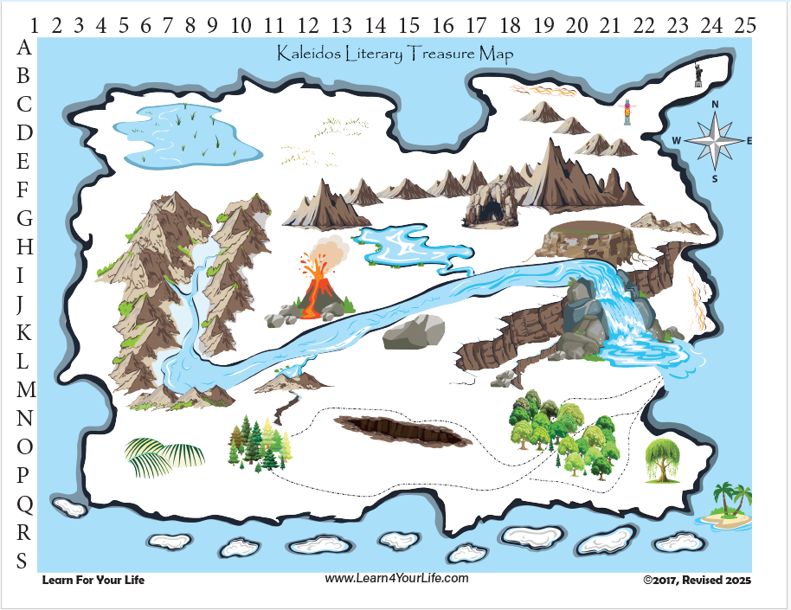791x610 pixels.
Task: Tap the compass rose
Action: tap(716, 141)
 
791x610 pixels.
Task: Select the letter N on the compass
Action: tap(716, 105)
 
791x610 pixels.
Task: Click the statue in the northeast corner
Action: tap(698, 75)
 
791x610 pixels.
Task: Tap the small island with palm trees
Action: tap(725, 508)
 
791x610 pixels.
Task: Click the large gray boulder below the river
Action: tap(414, 331)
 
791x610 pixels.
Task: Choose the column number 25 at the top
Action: tap(745, 24)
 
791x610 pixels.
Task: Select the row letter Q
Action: tap(25, 503)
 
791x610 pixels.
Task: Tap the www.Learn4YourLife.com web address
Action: tap(397, 578)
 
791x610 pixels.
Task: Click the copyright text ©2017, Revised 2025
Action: tap(697, 580)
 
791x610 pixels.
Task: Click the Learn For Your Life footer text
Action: tap(93, 580)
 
